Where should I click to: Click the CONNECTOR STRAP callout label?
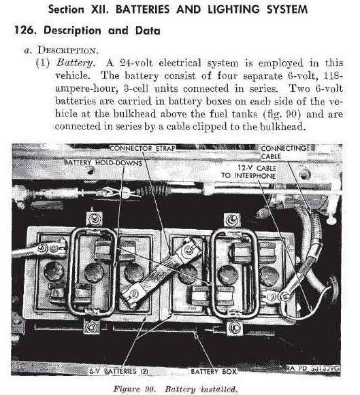(x=143, y=148)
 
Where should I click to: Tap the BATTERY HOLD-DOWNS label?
(x=103, y=162)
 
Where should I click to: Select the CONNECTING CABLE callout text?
(x=284, y=152)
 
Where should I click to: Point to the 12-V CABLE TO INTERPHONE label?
(x=249, y=172)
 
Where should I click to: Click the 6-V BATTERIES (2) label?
(x=118, y=371)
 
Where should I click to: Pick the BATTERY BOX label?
(x=214, y=371)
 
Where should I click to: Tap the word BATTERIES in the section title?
(x=143, y=10)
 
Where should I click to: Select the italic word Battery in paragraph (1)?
(x=76, y=63)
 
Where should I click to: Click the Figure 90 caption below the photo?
(x=175, y=389)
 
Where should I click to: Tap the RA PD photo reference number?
(x=313, y=368)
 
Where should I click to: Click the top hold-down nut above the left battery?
(x=95, y=218)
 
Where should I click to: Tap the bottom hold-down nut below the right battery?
(x=235, y=328)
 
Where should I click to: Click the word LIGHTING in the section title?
(x=233, y=10)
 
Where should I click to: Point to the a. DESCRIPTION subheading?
(x=61, y=50)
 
